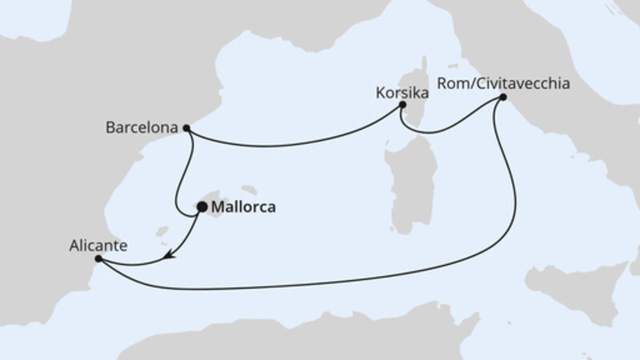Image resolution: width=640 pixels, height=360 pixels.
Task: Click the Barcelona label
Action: point(142,127)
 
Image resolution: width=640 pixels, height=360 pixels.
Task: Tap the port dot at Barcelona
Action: point(186,127)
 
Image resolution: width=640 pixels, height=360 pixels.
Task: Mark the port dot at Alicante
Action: point(98,258)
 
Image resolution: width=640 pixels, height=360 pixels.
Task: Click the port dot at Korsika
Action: point(402,105)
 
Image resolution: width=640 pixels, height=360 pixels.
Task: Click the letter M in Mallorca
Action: point(217,208)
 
